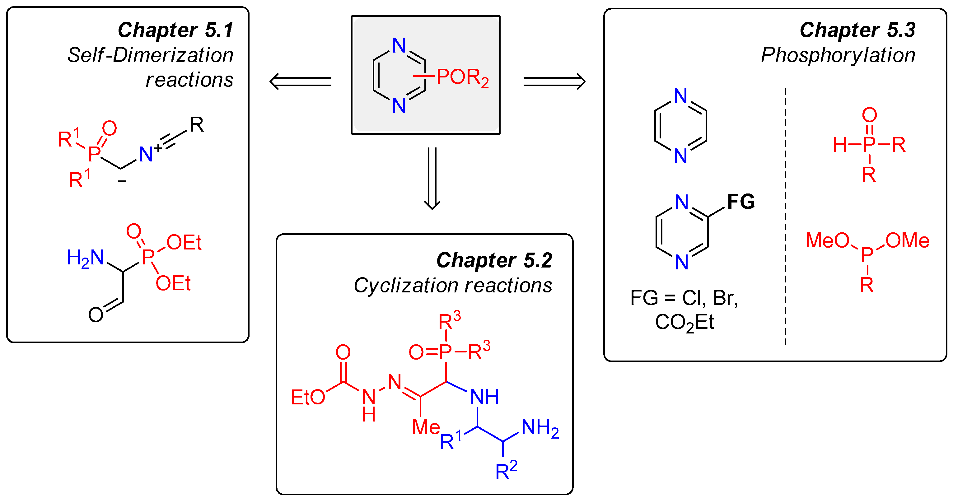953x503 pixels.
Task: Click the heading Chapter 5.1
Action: (175, 30)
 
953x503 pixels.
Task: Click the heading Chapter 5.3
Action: (857, 30)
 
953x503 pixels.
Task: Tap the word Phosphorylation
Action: (838, 55)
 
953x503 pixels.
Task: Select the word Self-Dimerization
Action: (150, 55)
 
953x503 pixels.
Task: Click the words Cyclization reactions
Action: (453, 286)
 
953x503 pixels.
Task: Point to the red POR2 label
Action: (462, 78)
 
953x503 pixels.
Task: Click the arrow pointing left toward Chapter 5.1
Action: (301, 82)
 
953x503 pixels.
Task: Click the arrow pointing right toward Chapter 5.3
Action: (554, 82)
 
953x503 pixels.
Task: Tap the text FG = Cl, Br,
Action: (684, 298)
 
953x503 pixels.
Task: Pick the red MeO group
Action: (827, 240)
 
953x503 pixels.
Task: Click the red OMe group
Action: (907, 241)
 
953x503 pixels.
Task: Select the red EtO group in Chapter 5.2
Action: (307, 398)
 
